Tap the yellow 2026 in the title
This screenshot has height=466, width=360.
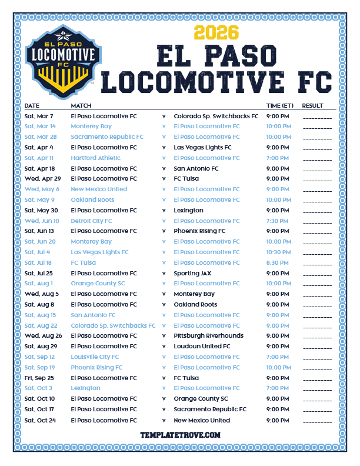(215, 32)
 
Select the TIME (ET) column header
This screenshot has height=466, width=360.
(280, 106)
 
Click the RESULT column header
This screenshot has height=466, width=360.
(313, 106)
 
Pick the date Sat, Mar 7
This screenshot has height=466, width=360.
(39, 116)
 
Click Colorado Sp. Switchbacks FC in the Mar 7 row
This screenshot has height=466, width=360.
(216, 116)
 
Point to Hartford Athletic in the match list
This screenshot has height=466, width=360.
(95, 158)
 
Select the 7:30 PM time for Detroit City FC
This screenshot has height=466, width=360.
(278, 221)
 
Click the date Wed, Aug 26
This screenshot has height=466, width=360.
(42, 336)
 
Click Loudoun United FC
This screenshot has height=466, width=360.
(202, 347)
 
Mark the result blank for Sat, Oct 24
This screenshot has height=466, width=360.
(317, 421)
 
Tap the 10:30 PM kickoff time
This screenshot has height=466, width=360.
(278, 252)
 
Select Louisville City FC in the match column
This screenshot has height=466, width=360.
(95, 357)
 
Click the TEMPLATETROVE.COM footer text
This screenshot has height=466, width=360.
(180, 435)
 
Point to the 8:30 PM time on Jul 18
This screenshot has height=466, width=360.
(278, 262)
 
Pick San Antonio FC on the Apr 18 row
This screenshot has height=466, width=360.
(196, 168)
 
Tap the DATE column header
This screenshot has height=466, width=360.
(32, 106)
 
